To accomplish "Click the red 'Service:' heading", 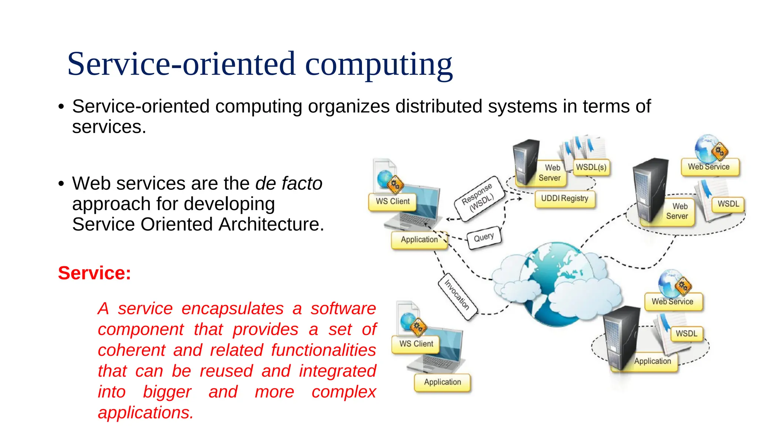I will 94,273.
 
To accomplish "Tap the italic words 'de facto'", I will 289,183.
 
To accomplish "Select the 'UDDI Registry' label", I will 564,199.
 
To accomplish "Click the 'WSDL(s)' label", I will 591,168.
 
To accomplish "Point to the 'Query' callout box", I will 484,237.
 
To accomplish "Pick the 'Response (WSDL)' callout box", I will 479,198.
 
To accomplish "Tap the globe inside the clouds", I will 555,285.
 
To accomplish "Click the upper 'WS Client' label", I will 393,202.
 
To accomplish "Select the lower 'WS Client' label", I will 416,344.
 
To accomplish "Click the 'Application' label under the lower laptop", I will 442,382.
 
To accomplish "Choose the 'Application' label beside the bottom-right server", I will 652,361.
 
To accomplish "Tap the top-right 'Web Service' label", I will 709,167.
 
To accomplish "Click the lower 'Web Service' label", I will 673,302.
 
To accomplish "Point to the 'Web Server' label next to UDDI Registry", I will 550,173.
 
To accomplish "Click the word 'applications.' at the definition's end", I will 145,413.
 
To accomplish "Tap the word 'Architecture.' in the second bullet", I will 271,224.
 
